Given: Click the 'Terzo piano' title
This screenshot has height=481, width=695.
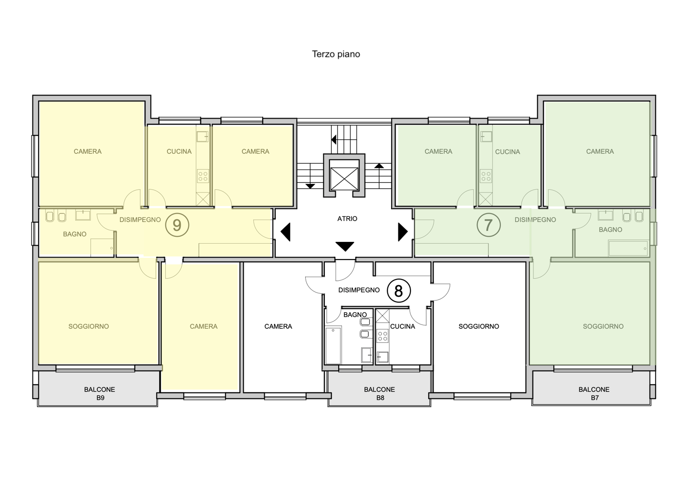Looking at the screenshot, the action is [336, 54].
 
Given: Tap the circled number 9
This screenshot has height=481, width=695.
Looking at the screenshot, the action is [177, 225].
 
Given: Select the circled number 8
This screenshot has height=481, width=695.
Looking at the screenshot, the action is [398, 291].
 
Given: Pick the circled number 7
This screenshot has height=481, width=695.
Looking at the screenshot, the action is [488, 225].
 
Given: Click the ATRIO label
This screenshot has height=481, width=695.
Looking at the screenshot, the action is [347, 219].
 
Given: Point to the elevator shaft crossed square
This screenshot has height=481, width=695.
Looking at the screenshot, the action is [344, 179].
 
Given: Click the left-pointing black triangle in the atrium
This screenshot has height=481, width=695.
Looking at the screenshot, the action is [285, 232].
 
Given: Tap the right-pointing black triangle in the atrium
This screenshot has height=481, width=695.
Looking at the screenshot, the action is [403, 232].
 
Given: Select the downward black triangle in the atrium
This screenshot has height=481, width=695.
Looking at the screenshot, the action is [345, 247].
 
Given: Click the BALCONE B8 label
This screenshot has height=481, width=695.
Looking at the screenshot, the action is [379, 393].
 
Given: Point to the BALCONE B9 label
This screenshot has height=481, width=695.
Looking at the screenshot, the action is [100, 393].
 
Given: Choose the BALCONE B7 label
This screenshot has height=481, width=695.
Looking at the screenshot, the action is [594, 393].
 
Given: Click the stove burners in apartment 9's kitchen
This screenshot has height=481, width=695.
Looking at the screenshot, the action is [203, 176].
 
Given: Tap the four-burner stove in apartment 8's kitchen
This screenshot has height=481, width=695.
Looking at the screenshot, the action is [383, 336].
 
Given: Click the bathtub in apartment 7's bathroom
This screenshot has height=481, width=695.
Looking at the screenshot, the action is [628, 248].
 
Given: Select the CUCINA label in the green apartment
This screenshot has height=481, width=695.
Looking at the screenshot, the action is [508, 152].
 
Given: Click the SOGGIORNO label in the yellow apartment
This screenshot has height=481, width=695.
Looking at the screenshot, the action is [89, 327].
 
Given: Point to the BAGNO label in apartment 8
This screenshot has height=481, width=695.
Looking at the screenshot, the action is [355, 315].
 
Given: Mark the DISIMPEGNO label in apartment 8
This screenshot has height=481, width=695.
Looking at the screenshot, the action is [359, 290].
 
